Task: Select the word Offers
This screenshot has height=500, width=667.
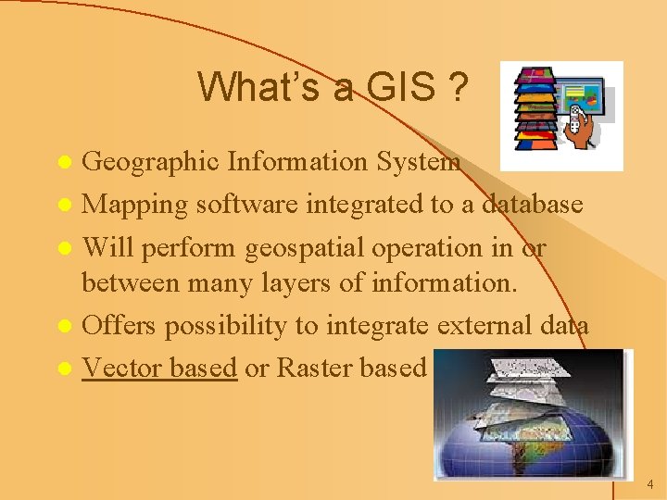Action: [121, 325]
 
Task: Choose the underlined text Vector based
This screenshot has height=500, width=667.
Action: [159, 368]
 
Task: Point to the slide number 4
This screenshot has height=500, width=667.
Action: [650, 484]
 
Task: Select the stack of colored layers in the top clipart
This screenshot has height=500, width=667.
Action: [536, 109]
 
